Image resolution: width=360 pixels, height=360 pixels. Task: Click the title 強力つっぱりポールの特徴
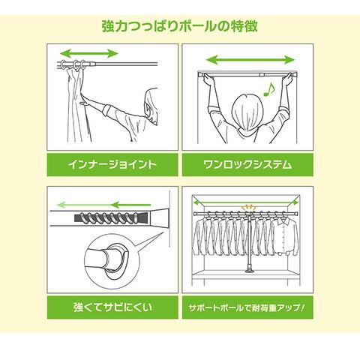point(179,26)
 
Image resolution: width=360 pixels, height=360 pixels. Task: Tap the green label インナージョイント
point(112,164)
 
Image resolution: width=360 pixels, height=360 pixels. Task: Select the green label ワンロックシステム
point(247,164)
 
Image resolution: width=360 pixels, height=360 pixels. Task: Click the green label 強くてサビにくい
point(112,307)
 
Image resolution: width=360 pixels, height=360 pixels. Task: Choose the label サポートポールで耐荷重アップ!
point(247,307)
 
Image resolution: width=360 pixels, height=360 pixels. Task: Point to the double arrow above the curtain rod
point(89,53)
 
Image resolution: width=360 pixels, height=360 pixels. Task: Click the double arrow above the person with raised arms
point(250,60)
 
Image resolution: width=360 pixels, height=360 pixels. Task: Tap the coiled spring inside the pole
point(106,218)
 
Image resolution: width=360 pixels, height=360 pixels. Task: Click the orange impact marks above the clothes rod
point(247,207)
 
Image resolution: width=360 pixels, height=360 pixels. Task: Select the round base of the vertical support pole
point(250,271)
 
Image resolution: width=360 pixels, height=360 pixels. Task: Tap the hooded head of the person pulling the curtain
point(151,106)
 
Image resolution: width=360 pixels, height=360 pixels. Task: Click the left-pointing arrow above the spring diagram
point(103,205)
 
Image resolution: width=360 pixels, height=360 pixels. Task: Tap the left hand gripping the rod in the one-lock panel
point(208,79)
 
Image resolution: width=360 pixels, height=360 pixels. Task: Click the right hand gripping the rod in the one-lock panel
point(287,79)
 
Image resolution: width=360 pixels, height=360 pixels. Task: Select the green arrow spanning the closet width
point(246,202)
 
